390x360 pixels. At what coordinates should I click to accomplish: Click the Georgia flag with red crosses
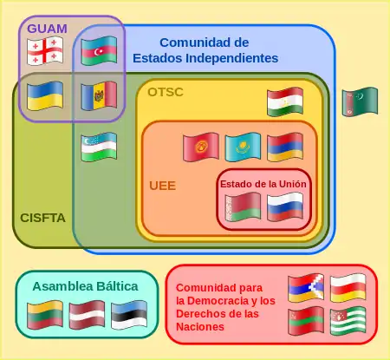45,51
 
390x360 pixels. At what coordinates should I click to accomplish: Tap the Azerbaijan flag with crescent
99,50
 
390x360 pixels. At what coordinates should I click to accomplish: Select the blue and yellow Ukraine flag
45,96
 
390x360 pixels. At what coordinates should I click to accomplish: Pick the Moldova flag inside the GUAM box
99,96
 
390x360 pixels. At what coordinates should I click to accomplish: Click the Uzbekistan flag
99,147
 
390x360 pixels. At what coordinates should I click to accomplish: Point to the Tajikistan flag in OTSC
285,101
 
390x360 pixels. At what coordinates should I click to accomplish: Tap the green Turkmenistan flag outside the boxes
360,101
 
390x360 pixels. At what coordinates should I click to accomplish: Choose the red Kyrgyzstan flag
201,147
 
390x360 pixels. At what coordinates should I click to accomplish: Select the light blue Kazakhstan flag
243,147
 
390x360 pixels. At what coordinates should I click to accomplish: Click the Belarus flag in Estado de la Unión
243,207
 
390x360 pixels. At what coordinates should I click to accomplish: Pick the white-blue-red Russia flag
285,207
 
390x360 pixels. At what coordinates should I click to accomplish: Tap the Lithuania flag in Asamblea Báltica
45,315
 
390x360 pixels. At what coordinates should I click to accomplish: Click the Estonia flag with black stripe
129,315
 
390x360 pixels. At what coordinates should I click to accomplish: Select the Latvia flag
87,315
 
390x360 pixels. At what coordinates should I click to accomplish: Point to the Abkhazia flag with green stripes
348,321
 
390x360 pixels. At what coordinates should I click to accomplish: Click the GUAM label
47,29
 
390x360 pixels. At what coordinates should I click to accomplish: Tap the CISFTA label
42,218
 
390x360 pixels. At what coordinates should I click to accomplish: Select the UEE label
163,186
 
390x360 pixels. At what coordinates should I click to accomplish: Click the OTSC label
166,92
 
